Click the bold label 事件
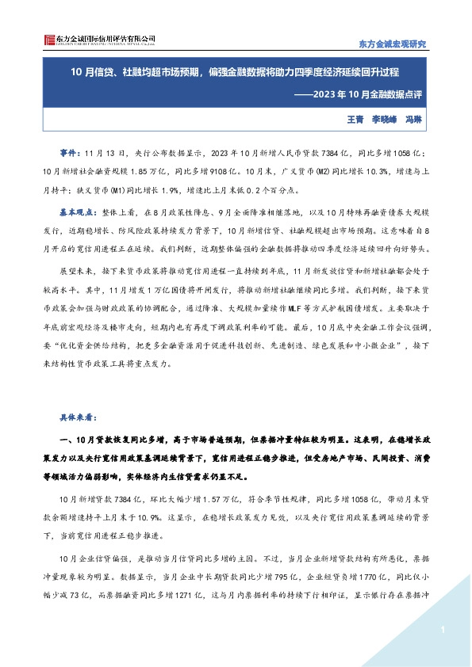[x=70, y=151]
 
